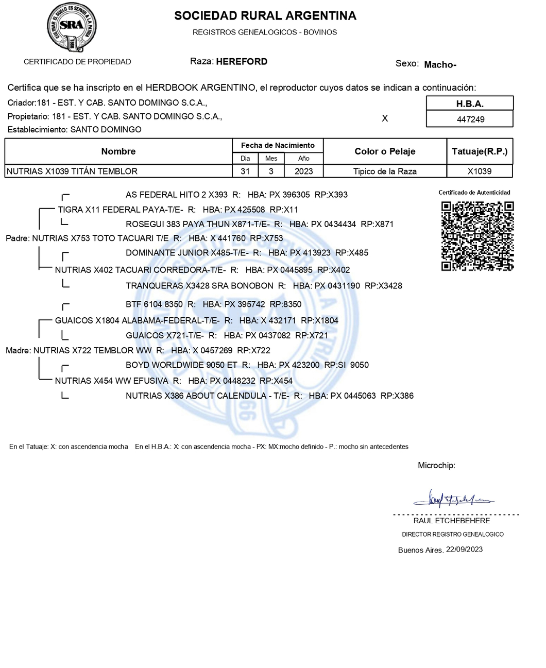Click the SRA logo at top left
click(x=72, y=27)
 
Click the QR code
click(x=477, y=236)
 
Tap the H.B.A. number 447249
click(x=470, y=119)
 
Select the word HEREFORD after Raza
click(x=242, y=62)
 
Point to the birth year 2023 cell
click(x=303, y=172)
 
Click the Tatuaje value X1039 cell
click(x=480, y=172)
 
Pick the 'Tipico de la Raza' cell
click(x=385, y=172)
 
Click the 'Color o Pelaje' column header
click(x=385, y=151)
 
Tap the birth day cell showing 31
click(x=245, y=172)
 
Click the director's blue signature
click(x=453, y=499)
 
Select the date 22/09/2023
click(x=464, y=550)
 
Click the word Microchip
click(x=436, y=466)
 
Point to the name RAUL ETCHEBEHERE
click(x=452, y=521)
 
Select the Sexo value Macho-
click(x=440, y=65)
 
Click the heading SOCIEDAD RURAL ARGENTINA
click(x=265, y=16)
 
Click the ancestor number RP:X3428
click(x=383, y=286)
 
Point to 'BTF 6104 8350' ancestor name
click(x=154, y=304)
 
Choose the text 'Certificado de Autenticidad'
click(x=474, y=193)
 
